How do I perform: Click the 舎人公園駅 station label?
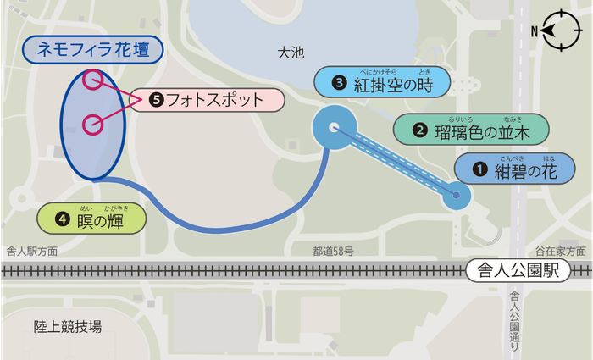click(x=517, y=271)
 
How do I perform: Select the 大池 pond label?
click(x=290, y=53)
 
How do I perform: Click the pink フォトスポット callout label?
click(x=208, y=100)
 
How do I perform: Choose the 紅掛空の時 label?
click(x=393, y=83)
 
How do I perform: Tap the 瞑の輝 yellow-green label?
click(x=92, y=218)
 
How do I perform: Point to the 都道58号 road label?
click(x=332, y=252)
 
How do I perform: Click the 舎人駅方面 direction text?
click(x=32, y=252)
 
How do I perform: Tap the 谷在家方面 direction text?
click(x=560, y=252)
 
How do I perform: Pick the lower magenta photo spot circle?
click(x=93, y=124)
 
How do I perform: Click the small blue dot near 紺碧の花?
click(x=457, y=197)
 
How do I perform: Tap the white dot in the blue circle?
click(x=334, y=128)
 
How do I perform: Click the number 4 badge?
click(x=61, y=219)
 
